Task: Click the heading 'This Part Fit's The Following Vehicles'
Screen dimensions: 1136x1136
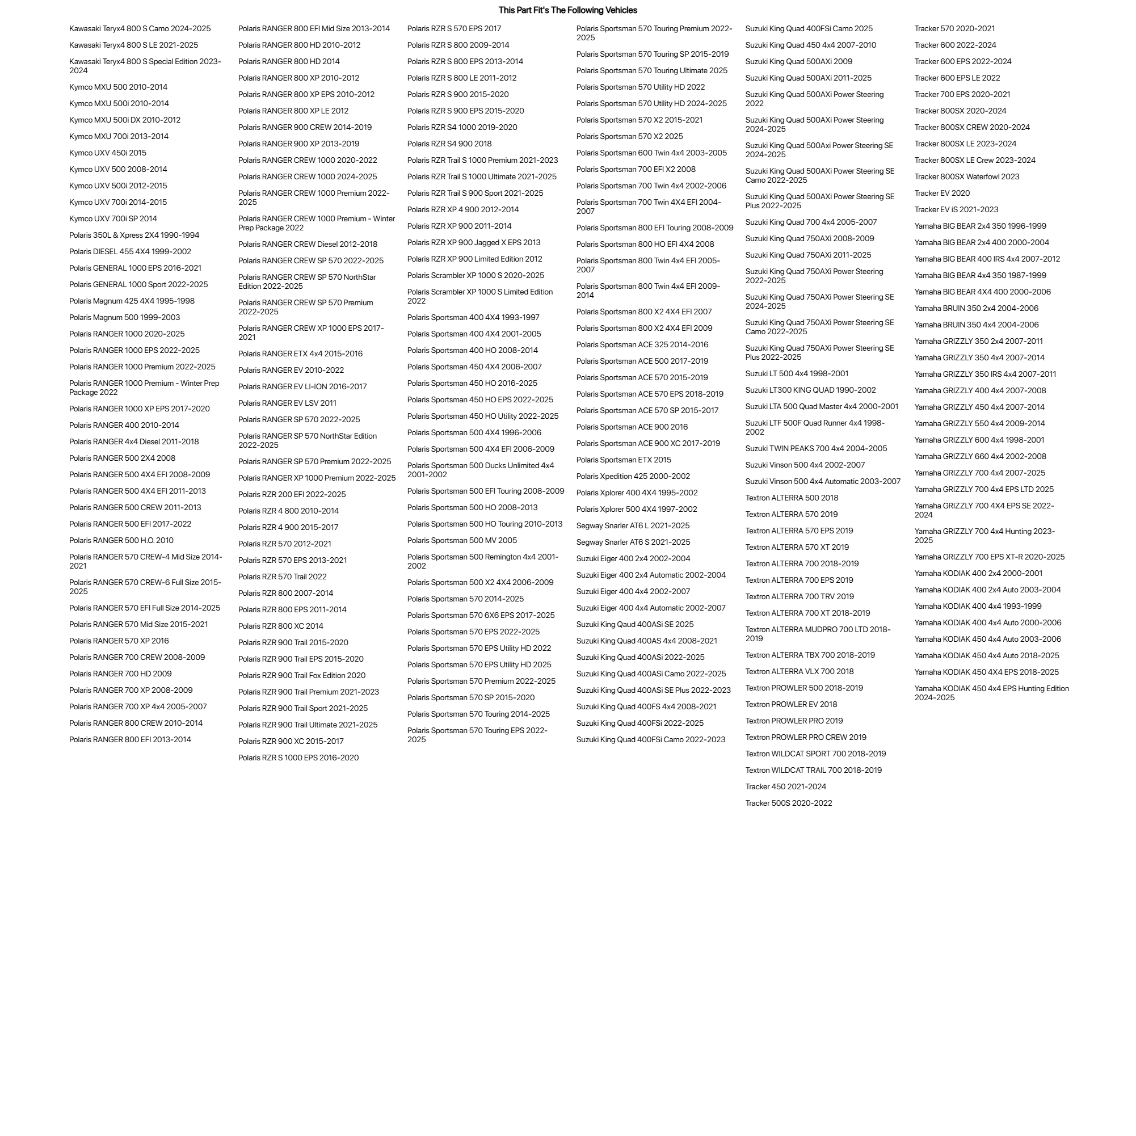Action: tap(567, 10)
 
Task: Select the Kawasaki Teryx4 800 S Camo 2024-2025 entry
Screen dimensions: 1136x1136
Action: tap(140, 28)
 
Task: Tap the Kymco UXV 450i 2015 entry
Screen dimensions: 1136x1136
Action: tap(108, 153)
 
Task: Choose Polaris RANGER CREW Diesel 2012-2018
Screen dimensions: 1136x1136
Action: tap(308, 244)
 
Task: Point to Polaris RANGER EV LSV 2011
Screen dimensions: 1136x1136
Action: tap(287, 403)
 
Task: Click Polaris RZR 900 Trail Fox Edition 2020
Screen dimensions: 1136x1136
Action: tap(302, 676)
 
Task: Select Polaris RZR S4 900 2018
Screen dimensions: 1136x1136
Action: tap(449, 144)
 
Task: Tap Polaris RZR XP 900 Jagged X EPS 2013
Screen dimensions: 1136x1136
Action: tap(473, 242)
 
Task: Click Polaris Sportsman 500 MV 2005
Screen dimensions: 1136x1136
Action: tap(461, 540)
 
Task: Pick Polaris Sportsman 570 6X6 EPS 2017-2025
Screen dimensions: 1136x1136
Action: tap(481, 615)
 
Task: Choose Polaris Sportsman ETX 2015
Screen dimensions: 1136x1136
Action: tap(623, 460)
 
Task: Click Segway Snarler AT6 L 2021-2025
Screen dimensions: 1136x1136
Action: tap(633, 525)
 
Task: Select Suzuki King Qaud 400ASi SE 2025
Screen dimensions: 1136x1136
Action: tap(634, 624)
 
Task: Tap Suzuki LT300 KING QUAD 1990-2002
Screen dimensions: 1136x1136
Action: tap(810, 390)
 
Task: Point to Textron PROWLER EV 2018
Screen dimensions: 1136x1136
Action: tap(791, 704)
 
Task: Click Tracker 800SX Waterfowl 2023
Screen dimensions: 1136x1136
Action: tap(967, 176)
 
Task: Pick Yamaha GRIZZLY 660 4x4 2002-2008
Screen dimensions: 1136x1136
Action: tap(980, 456)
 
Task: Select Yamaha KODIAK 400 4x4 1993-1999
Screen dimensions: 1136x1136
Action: tap(978, 606)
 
